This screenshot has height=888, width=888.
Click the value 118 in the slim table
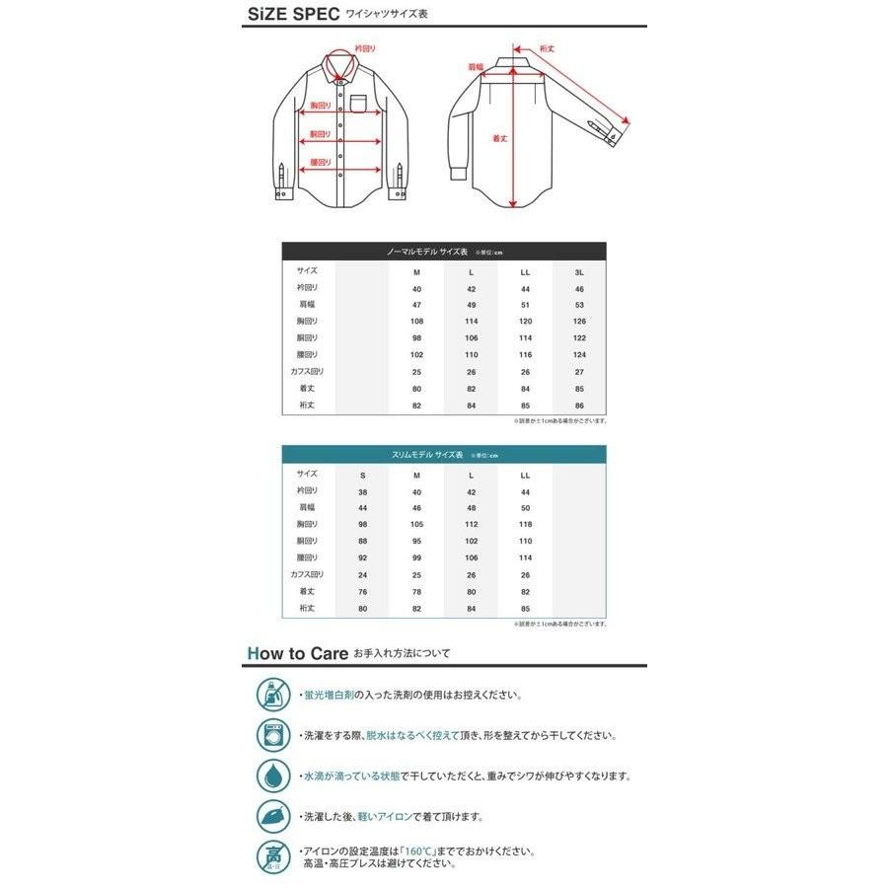tap(524, 525)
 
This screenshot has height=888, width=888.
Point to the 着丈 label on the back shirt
tap(499, 138)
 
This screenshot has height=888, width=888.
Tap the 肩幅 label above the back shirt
tap(475, 67)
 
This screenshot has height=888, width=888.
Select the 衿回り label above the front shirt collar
tap(365, 47)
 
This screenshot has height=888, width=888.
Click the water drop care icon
tap(272, 775)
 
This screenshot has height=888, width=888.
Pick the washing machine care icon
tap(272, 734)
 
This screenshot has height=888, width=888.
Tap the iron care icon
tap(272, 815)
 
